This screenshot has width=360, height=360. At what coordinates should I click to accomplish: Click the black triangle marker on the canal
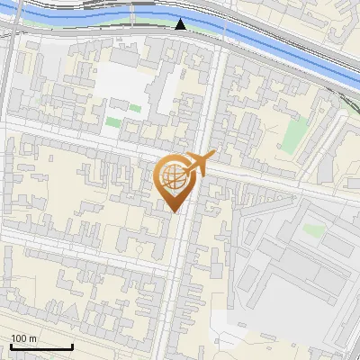[181, 24]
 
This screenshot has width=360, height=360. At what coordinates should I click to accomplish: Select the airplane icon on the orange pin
[200, 164]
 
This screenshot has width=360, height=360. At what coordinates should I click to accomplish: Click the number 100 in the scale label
[19, 338]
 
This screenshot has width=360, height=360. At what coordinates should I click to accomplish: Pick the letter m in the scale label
[33, 338]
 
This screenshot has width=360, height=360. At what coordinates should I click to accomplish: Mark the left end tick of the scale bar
[10, 346]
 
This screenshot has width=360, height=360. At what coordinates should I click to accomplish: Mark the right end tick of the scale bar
[72, 346]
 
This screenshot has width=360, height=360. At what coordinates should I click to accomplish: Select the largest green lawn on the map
[294, 133]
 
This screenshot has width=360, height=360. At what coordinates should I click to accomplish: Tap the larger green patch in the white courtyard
[112, 121]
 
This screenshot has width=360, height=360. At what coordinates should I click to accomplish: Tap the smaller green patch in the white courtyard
[134, 108]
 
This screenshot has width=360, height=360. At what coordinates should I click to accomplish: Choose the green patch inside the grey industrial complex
[312, 230]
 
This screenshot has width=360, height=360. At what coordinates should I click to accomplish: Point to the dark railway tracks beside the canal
[90, 4]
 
